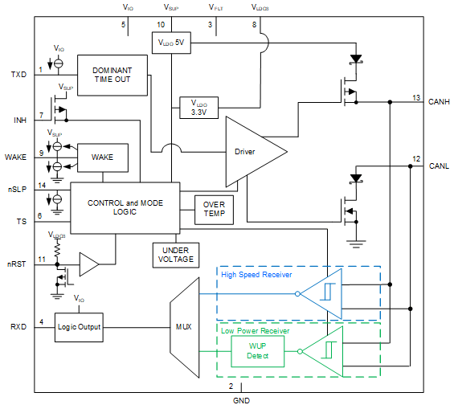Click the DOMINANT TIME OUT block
point(112,76)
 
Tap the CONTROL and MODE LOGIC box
point(125,207)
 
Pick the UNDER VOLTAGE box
point(174,254)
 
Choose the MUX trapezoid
point(183,325)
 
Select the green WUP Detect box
point(257,350)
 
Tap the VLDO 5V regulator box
point(170,43)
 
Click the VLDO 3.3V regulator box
point(198,108)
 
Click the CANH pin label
point(440,101)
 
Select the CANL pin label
point(439,166)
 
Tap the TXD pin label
point(18,75)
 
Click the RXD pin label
point(18,326)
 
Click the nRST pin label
point(17,264)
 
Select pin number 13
point(416,97)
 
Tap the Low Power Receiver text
point(255,330)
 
